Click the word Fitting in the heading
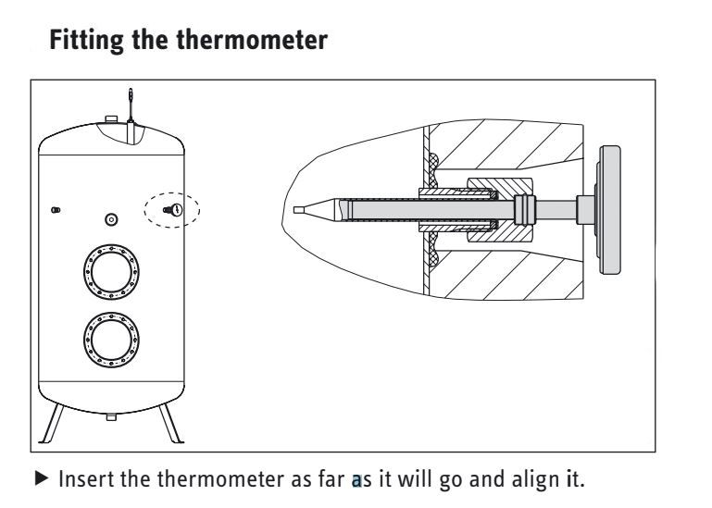pos(86,41)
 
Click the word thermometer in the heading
pos(252,40)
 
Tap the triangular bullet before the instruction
pos(42,477)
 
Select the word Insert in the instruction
pos(87,479)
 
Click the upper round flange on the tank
pos(111,271)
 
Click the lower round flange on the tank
pos(111,340)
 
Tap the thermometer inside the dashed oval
pos(173,210)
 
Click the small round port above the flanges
pos(111,219)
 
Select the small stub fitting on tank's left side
pos(56,210)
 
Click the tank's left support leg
pos(52,423)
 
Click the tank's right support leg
pos(170,423)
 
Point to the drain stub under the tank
pos(111,416)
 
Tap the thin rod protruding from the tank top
pos(131,105)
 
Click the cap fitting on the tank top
pos(111,119)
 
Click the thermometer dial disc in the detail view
pos(609,210)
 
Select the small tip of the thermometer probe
pos(299,210)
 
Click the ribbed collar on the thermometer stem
pos(525,210)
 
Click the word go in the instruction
pos(449,481)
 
